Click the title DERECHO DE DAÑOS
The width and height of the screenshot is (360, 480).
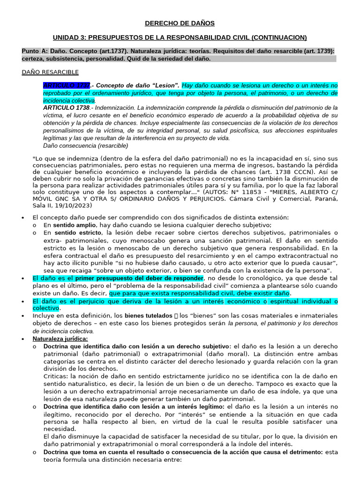pos(180,23)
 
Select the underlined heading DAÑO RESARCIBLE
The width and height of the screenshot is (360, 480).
pos(50,72)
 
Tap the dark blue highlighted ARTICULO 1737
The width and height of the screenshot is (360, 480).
pos(66,85)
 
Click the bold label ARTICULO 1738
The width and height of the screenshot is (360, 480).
pos(66,107)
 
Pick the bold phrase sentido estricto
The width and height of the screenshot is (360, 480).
pos(77,232)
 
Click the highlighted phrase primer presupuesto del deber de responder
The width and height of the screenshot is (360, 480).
pos(139,278)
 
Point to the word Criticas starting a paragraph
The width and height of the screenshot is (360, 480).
pos(55,376)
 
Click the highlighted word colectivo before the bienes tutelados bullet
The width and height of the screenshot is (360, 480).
pos(45,308)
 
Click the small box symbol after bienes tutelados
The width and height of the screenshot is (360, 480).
pos(176,315)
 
